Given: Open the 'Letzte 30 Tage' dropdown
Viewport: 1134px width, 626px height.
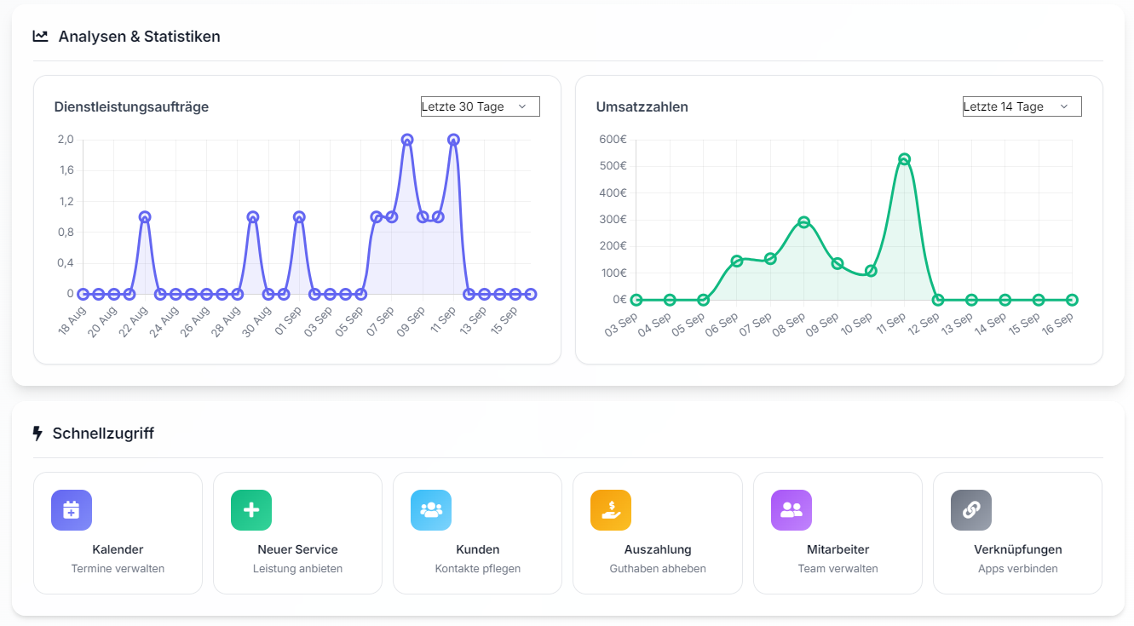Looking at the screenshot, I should [480, 106].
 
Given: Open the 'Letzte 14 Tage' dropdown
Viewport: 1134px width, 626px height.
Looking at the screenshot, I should [1022, 106].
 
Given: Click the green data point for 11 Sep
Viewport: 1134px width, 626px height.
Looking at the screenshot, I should [904, 159].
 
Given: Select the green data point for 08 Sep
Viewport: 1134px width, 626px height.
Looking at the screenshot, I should [803, 222].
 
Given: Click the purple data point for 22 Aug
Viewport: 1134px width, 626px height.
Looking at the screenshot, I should [145, 217].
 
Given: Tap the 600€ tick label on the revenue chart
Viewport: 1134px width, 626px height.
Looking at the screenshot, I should [613, 140].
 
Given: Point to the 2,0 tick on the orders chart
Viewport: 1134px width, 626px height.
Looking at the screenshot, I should [66, 140].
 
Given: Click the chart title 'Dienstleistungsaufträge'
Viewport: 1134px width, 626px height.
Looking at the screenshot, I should [131, 107].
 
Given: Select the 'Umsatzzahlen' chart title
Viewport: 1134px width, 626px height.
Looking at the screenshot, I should [642, 107].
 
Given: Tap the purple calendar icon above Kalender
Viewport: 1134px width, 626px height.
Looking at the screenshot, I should [72, 510].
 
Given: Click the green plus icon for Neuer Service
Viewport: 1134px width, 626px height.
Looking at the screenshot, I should [251, 510].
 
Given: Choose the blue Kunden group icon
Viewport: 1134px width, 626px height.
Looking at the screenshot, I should [431, 510].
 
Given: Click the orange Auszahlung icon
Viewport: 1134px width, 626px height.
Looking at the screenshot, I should [611, 510].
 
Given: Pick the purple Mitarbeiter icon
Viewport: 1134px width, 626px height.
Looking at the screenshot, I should [791, 510].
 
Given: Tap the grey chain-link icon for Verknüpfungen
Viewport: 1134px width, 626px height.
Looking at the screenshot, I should [971, 510].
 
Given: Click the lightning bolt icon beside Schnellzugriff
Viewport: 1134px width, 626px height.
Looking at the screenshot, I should [37, 434].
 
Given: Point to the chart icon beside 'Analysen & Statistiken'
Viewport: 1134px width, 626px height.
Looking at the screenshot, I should [40, 36].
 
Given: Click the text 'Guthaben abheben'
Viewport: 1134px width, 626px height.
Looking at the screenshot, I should [658, 569].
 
